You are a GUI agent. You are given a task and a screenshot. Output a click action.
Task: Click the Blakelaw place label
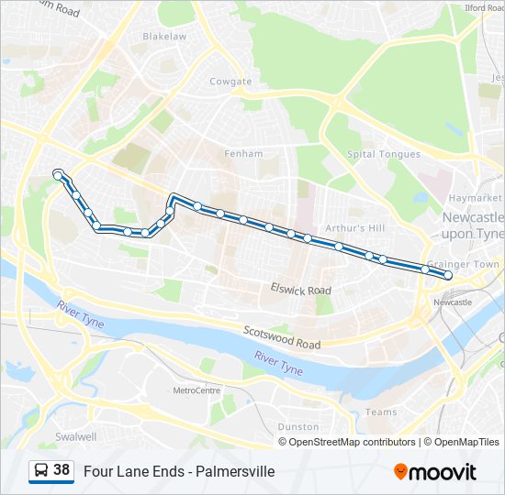[x=164, y=37]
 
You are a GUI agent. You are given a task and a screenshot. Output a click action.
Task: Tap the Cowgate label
[x=230, y=82]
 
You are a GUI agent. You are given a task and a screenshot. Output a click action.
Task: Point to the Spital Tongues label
[x=384, y=154]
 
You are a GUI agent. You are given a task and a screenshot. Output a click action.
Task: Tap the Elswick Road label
[x=300, y=290]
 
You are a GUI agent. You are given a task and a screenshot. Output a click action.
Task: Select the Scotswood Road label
[x=282, y=337]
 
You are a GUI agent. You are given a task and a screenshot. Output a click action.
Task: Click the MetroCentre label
[x=196, y=390]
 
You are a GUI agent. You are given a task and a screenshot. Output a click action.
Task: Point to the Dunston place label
[x=298, y=426]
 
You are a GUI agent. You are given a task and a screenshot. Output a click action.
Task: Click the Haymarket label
[x=476, y=198]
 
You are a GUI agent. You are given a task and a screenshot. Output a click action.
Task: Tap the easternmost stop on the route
[x=448, y=275]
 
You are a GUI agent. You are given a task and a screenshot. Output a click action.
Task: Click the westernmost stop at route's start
[x=58, y=173]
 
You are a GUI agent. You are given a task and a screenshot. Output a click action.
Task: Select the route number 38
[x=62, y=470]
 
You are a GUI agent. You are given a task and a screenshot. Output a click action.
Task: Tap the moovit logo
[x=435, y=472]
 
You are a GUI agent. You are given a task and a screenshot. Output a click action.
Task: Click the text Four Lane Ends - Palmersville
[x=179, y=472]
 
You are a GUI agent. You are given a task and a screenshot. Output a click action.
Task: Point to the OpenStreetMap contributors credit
[x=348, y=442]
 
